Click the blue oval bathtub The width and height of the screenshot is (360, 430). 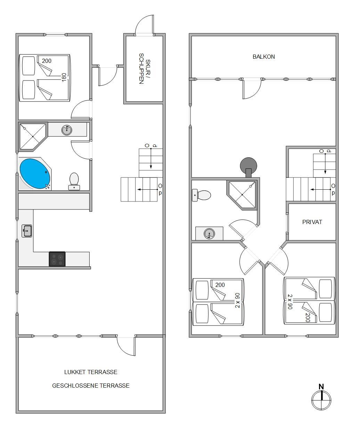tap(35, 173)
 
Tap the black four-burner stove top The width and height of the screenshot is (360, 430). tap(57, 259)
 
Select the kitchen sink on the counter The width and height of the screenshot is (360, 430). tap(27, 231)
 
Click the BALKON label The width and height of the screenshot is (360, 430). tap(263, 57)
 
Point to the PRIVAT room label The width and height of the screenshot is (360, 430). tap(312, 222)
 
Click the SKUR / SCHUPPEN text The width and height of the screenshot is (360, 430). tap(145, 68)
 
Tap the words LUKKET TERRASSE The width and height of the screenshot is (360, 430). tap(91, 372)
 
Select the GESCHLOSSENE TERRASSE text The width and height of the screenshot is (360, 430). tap(91, 386)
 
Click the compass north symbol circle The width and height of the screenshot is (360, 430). tap(321, 400)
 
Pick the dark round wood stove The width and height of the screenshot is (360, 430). tap(248, 166)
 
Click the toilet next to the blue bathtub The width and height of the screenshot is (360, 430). tap(74, 181)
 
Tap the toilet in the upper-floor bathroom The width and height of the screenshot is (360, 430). tap(201, 195)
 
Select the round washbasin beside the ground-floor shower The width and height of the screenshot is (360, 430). tap(67, 130)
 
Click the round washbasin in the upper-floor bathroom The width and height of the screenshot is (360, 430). tap(209, 234)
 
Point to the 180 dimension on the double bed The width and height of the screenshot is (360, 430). tap(64, 77)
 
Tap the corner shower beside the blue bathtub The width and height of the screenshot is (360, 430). tap(33, 137)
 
